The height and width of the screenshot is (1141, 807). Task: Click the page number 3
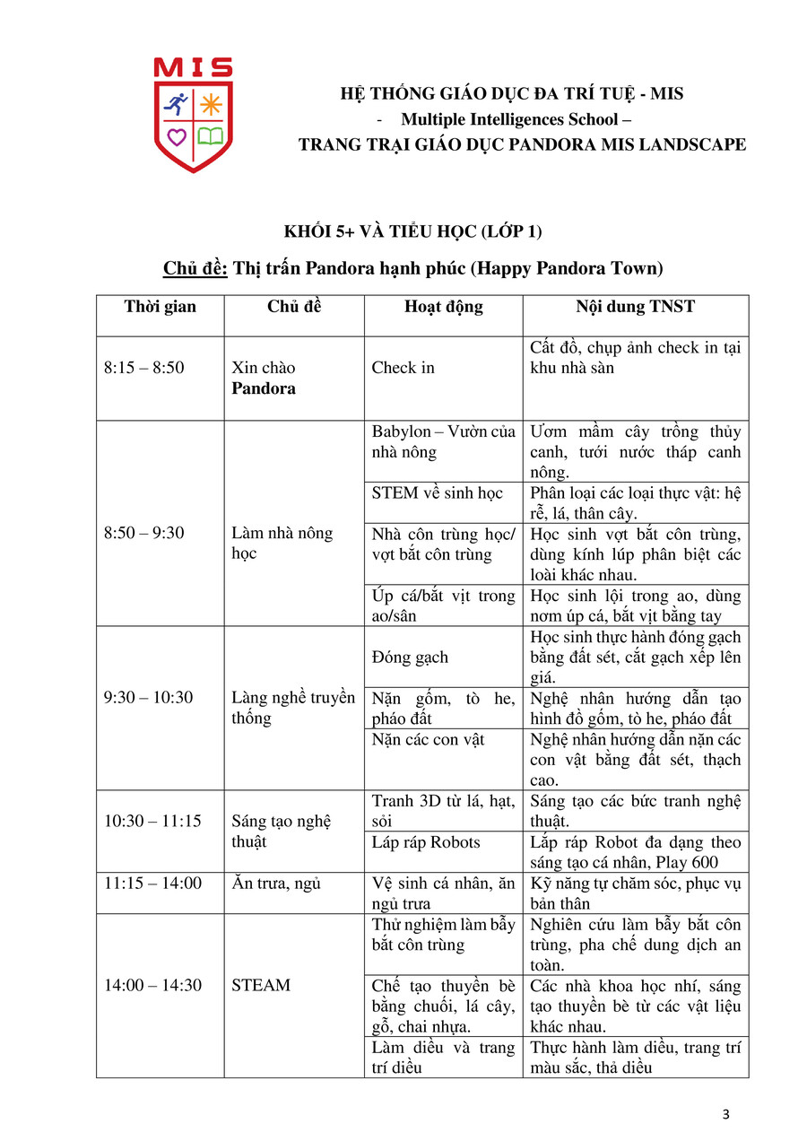pyautogui.click(x=726, y=1115)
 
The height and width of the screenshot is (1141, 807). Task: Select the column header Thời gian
pyautogui.click(x=160, y=307)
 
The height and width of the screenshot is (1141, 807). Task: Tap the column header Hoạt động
pyautogui.click(x=443, y=307)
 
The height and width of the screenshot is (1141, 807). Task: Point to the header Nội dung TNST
pyautogui.click(x=635, y=307)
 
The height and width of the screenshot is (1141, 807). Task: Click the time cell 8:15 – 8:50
pyautogui.click(x=144, y=368)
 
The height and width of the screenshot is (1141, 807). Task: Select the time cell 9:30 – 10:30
pyautogui.click(x=148, y=697)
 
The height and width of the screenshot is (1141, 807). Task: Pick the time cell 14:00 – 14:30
pyautogui.click(x=152, y=985)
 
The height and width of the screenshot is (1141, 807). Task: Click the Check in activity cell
pyautogui.click(x=403, y=368)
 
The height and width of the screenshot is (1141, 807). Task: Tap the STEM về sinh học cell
pyautogui.click(x=438, y=493)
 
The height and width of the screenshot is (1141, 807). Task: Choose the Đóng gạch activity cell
pyautogui.click(x=410, y=657)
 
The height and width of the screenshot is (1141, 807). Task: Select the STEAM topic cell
pyautogui.click(x=261, y=985)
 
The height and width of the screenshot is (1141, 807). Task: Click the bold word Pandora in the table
pyautogui.click(x=264, y=388)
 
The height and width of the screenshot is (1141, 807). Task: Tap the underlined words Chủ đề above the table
pyautogui.click(x=195, y=268)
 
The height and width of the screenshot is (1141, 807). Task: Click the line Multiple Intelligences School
pyautogui.click(x=509, y=119)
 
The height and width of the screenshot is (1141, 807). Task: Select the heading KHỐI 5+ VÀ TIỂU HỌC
pyautogui.click(x=412, y=231)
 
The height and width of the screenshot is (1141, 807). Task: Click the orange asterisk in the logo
pyautogui.click(x=211, y=105)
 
